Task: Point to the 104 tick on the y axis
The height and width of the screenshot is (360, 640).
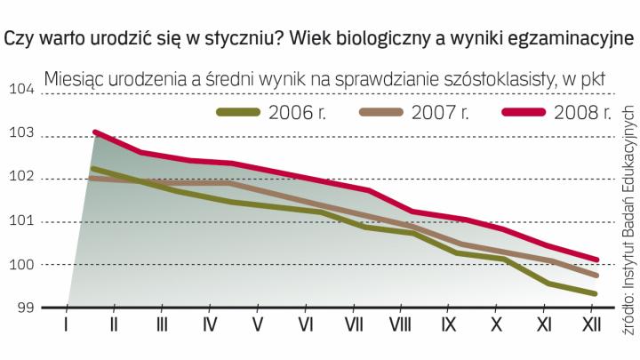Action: (20, 91)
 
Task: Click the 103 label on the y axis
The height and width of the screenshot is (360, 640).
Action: (20, 134)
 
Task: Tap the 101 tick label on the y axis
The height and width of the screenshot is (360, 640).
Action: (20, 221)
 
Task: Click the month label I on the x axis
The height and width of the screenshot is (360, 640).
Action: (66, 325)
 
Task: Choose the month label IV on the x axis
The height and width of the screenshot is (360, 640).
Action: (210, 325)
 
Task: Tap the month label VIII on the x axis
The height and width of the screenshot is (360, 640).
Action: (401, 325)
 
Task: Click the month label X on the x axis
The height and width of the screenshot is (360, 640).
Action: (497, 325)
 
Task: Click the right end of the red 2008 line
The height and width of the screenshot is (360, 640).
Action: (597, 260)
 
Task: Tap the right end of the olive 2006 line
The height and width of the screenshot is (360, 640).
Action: (595, 293)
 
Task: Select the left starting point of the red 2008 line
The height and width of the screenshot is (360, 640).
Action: (95, 132)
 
